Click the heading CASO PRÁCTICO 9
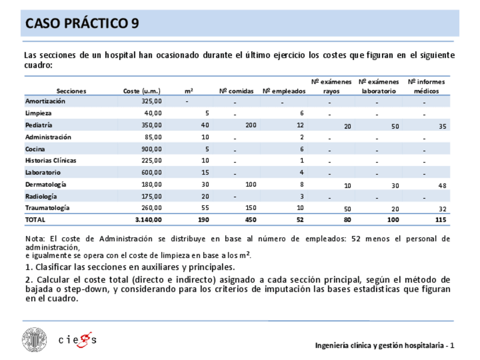click(x=83, y=23)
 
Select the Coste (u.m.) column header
click(x=142, y=91)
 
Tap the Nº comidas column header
click(x=237, y=91)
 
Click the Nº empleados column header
click(x=284, y=91)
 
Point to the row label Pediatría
click(x=39, y=125)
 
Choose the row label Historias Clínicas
click(x=51, y=160)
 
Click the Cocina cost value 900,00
click(x=152, y=149)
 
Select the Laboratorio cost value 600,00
click(x=152, y=173)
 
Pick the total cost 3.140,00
click(x=148, y=220)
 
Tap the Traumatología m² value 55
click(x=205, y=208)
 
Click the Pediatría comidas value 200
click(x=251, y=125)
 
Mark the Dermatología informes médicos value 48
click(x=442, y=186)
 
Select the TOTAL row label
click(x=35, y=220)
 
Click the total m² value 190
click(x=204, y=220)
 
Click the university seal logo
click(x=36, y=340)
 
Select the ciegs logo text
click(x=78, y=340)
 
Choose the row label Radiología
click(x=41, y=196)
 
